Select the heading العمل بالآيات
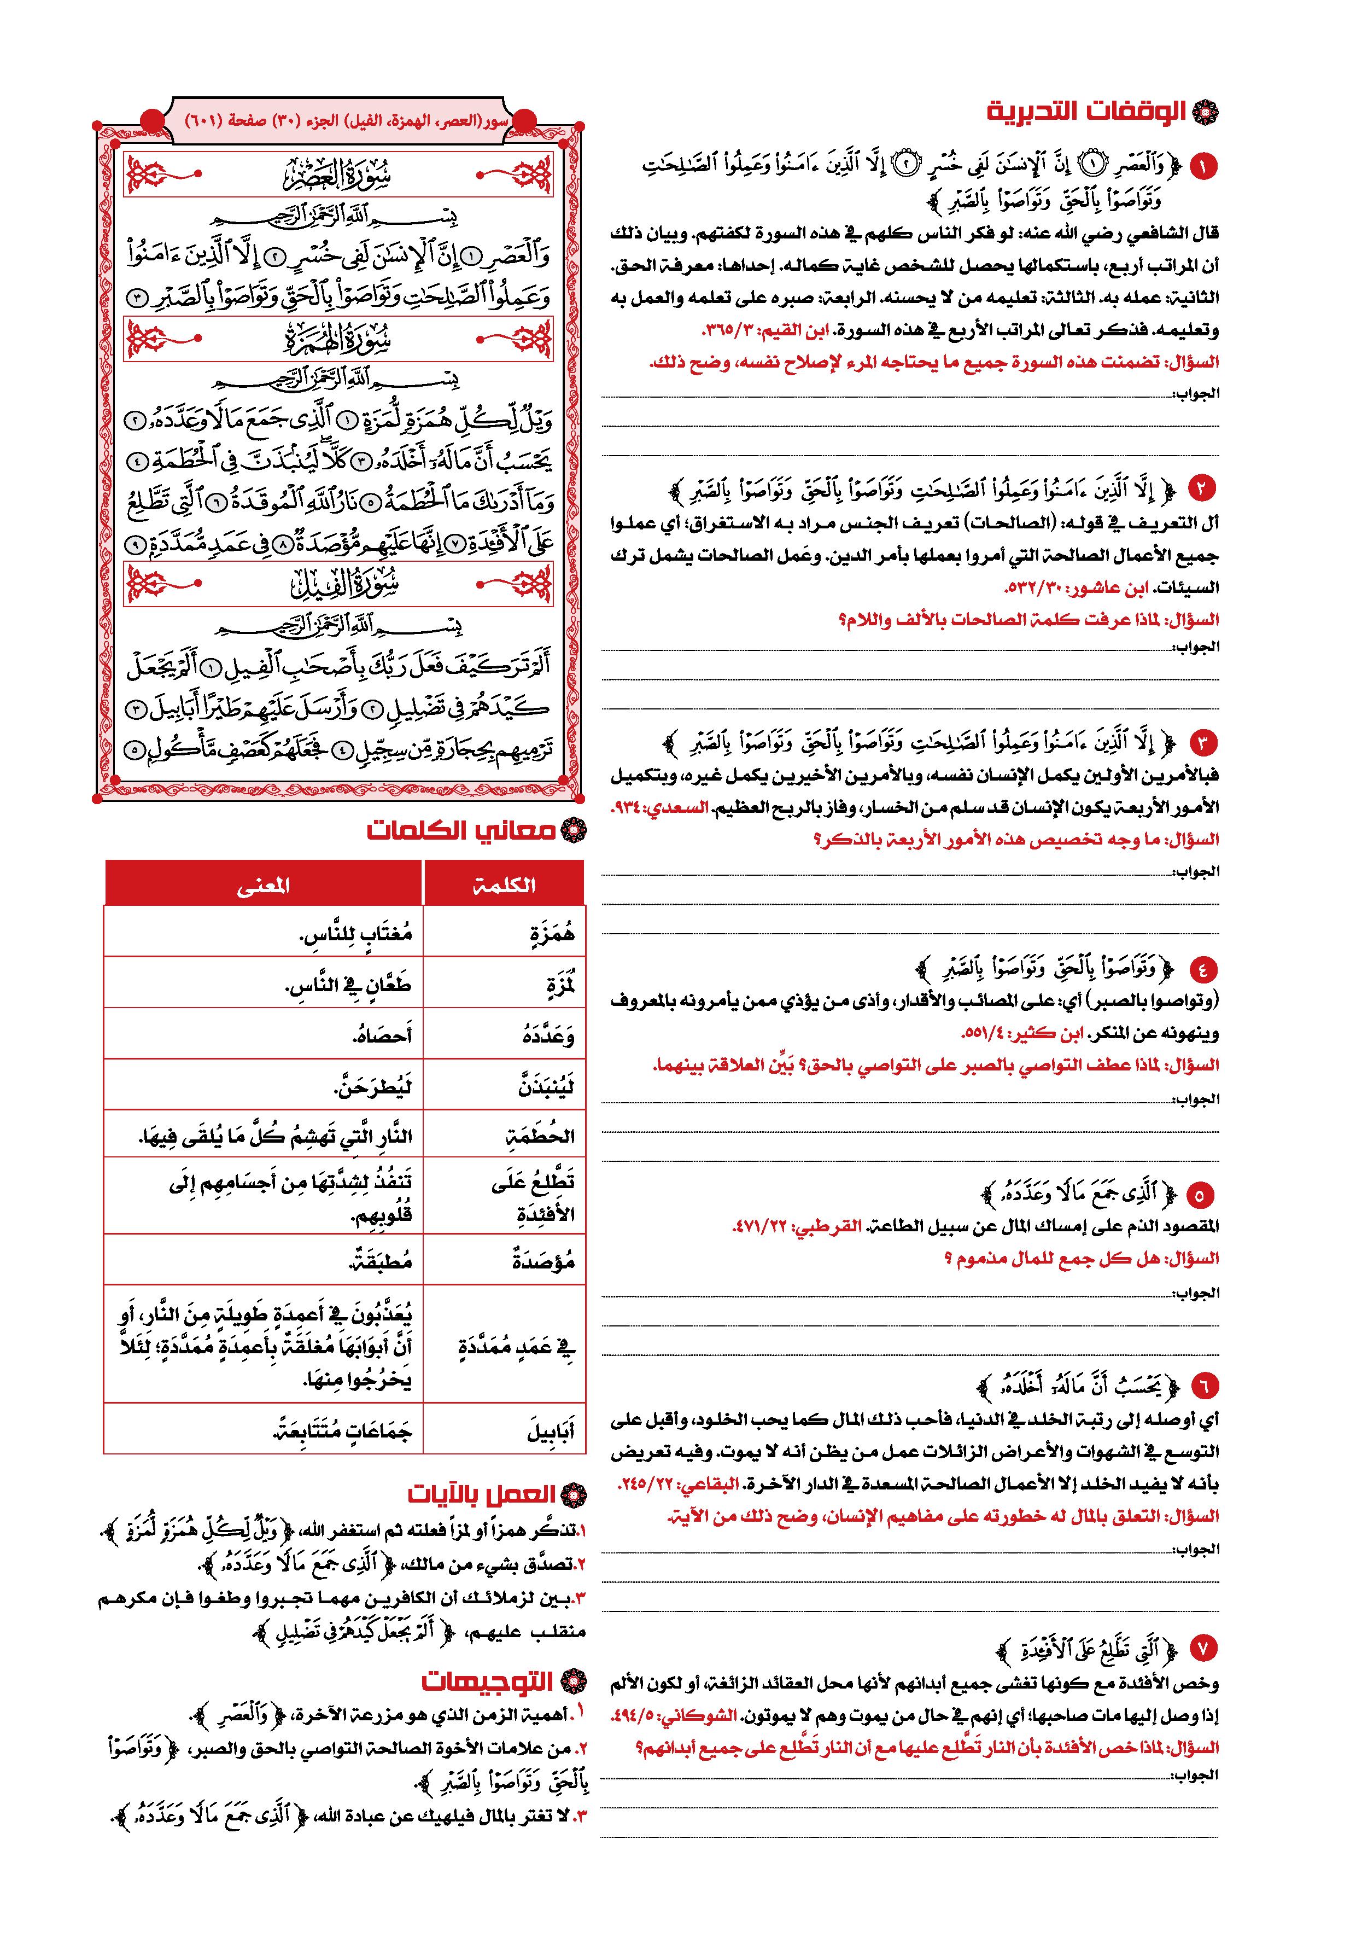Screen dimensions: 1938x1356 pos(482,1494)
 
